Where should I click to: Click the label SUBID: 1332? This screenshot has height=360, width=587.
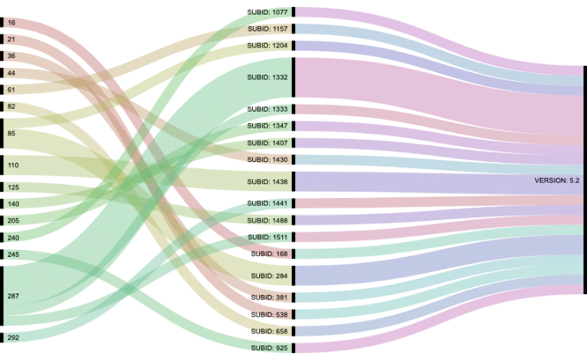click(x=268, y=77)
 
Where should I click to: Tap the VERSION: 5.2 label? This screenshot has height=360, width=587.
click(x=558, y=180)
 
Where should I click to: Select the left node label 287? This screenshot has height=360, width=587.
click(x=13, y=296)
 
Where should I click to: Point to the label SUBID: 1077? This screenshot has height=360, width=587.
click(x=268, y=12)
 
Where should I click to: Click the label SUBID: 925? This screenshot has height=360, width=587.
click(x=270, y=348)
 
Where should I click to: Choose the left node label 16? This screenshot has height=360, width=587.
click(x=11, y=23)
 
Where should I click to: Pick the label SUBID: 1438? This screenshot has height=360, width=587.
click(x=268, y=182)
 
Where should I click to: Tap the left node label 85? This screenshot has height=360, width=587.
click(x=11, y=134)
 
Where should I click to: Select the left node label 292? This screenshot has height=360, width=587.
click(x=13, y=337)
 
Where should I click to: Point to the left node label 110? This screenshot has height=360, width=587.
click(x=13, y=165)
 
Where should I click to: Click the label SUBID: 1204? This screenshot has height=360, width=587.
click(x=268, y=46)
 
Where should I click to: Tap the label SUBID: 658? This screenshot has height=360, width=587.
click(x=270, y=331)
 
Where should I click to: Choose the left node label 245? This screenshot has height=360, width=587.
click(x=13, y=255)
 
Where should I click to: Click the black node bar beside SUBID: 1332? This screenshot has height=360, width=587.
click(x=293, y=77)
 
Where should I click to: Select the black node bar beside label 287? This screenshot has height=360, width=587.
click(x=2, y=296)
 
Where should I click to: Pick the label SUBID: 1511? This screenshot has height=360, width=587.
click(x=268, y=237)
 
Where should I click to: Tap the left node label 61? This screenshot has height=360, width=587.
click(x=11, y=89)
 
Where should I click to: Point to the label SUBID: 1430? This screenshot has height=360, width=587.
click(x=268, y=160)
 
